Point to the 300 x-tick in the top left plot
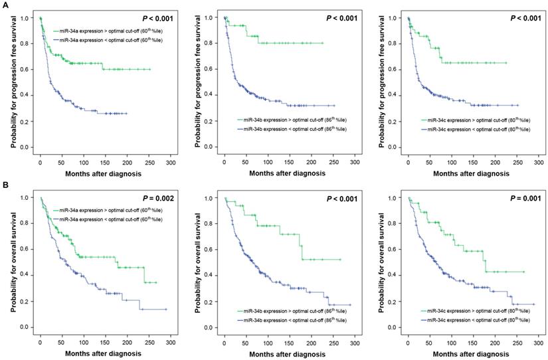click(170, 161)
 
